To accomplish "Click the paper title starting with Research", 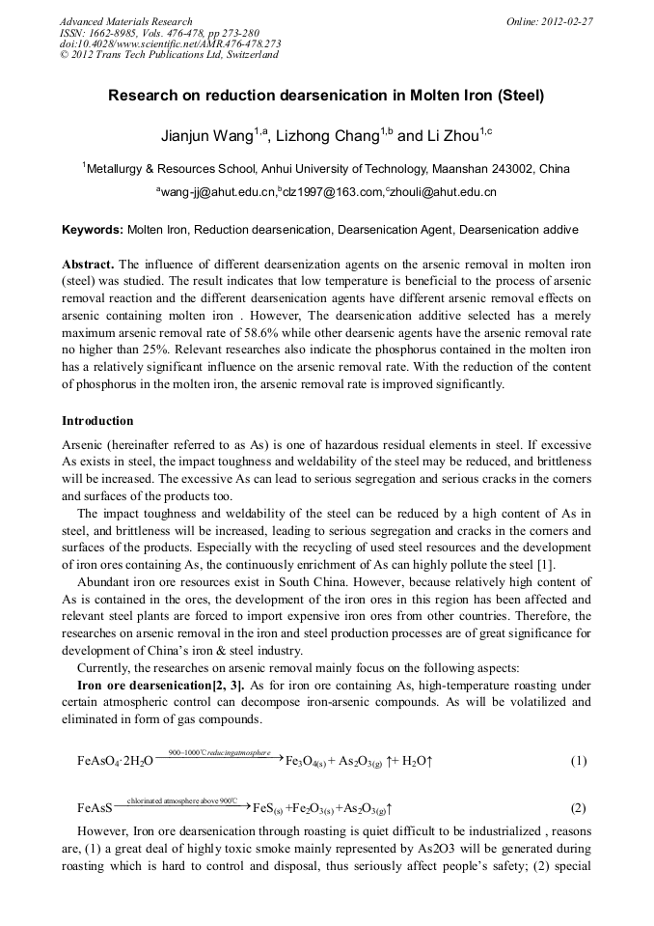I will coord(326,97).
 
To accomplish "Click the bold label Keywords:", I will coord(93,231).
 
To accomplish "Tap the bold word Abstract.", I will coord(88,264).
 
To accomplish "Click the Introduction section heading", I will coord(97,421).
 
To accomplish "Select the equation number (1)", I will coord(578,761).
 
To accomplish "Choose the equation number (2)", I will coord(578,807).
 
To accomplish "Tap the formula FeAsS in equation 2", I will coord(95,808).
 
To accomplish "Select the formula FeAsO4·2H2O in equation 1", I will coord(115,762).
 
